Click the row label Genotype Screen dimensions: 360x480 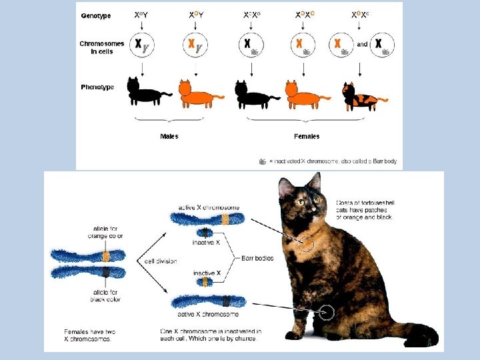tap(96, 15)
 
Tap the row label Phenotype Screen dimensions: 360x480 tap(97, 87)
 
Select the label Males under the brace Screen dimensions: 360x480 tap(169, 136)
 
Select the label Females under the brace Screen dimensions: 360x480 tap(307, 136)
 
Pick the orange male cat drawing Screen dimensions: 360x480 tap(199, 93)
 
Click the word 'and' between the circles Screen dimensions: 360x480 tap(362, 45)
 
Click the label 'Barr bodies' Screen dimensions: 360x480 tap(258, 257)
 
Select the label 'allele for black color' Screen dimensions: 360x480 tap(104, 295)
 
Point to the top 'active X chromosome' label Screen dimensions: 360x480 tap(209, 207)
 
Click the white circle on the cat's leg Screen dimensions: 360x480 tap(327, 311)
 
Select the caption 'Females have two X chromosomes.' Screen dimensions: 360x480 tap(91, 335)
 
